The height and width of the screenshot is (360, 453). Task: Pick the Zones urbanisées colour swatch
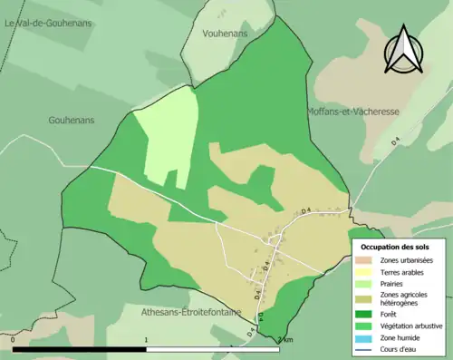tap(363, 260)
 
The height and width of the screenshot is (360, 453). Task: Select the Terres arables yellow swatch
tap(363, 272)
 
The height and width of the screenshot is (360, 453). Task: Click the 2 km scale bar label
tap(285, 339)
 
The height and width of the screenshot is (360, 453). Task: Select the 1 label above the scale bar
tap(147, 339)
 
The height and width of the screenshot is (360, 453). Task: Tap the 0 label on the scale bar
tap(14, 339)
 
